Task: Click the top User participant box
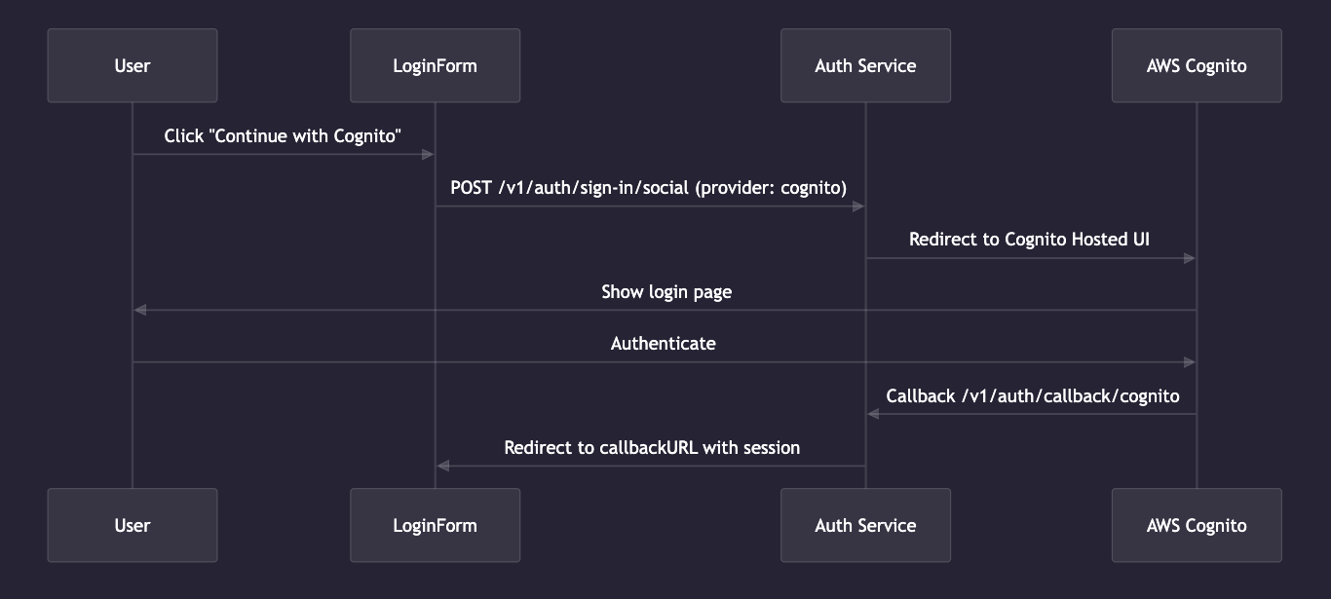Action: (x=133, y=65)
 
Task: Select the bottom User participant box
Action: (x=133, y=525)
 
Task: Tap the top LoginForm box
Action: (x=435, y=65)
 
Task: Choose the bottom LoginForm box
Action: (x=435, y=525)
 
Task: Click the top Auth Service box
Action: (x=865, y=65)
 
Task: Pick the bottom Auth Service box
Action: (x=865, y=525)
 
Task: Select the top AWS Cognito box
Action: (x=1197, y=65)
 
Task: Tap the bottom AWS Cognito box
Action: (x=1197, y=525)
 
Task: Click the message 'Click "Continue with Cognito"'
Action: (x=283, y=136)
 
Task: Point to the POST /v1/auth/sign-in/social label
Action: (x=649, y=188)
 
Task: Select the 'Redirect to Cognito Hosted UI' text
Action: (x=1030, y=240)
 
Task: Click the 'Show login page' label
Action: (x=665, y=291)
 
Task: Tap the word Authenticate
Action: (x=664, y=343)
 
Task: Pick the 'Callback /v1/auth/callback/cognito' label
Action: (x=1033, y=395)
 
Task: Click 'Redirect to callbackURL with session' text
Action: (x=652, y=448)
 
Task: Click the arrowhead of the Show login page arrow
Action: (x=139, y=310)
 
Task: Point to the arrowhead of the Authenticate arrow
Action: (x=1190, y=362)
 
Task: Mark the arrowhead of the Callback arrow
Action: (x=873, y=414)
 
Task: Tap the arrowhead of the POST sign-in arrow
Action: (x=858, y=206)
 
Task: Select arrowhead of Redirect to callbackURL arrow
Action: (x=442, y=466)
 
